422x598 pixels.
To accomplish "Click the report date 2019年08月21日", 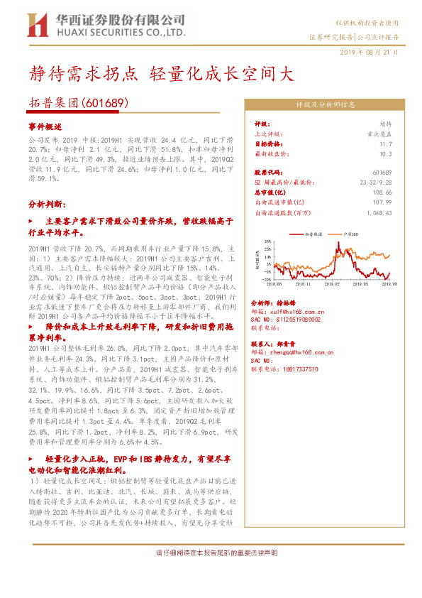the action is coord(369,52).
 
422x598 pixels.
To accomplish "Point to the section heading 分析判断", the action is coord(48,203).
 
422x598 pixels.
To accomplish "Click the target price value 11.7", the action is coord(386,143).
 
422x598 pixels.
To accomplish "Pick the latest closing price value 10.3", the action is coord(386,153).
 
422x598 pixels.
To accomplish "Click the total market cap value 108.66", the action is coord(382,192).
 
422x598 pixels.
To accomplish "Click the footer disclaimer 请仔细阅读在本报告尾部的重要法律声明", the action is coord(216,553).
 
